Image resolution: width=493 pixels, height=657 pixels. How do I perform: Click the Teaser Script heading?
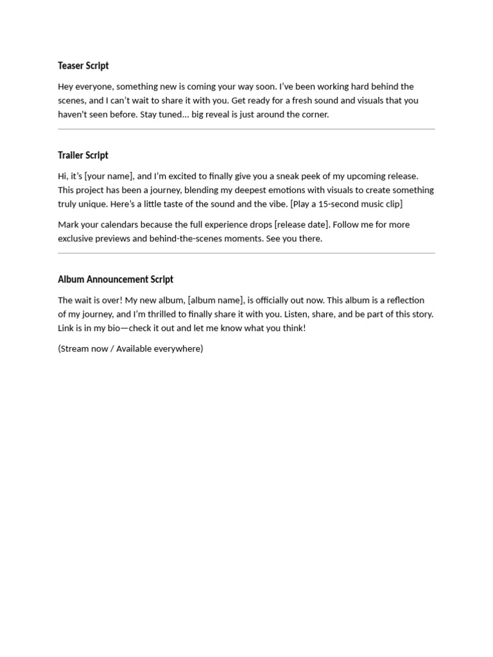coord(83,65)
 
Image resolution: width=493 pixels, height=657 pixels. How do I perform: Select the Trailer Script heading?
coord(83,155)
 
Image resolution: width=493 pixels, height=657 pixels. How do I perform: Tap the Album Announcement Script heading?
coord(116,280)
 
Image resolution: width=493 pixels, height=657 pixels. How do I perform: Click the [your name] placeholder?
coord(109,176)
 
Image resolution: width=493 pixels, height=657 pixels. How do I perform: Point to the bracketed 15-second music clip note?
coord(346,204)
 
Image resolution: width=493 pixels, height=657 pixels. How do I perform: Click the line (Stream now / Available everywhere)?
coord(130,349)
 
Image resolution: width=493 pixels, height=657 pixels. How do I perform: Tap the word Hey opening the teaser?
coord(66,87)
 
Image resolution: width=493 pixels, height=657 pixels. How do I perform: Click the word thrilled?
coord(169,314)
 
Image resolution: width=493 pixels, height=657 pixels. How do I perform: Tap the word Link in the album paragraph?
coord(67,328)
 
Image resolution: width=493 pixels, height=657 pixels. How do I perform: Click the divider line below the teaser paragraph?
coord(246,129)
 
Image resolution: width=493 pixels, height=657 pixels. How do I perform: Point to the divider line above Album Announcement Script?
coord(246,253)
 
